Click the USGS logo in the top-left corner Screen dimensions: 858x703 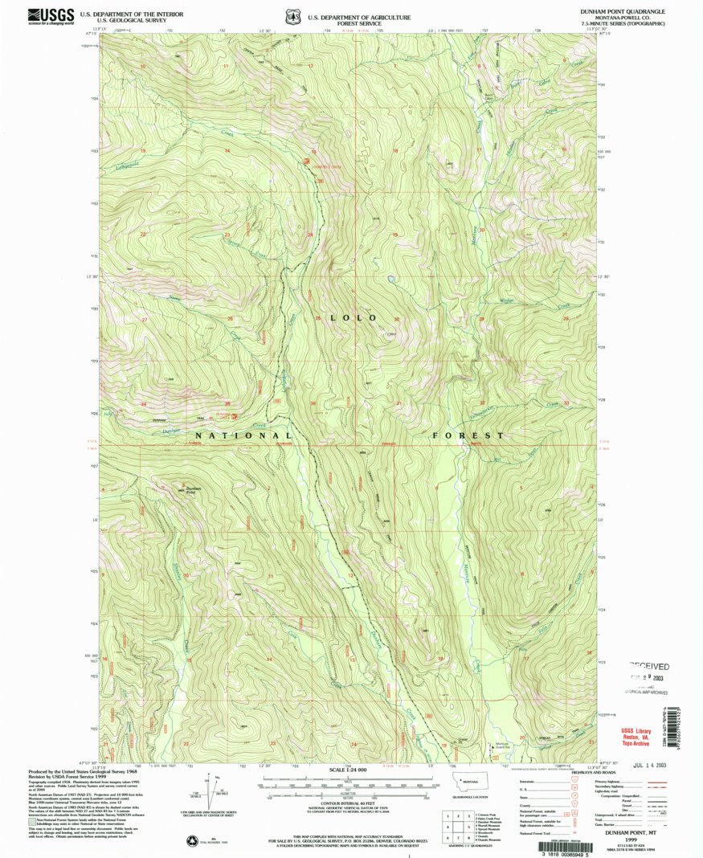click(51, 15)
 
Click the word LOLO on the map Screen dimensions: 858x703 click(350, 318)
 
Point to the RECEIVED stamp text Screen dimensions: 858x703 click(648, 666)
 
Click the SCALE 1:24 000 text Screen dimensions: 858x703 click(348, 770)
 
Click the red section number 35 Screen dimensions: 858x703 click(228, 402)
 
